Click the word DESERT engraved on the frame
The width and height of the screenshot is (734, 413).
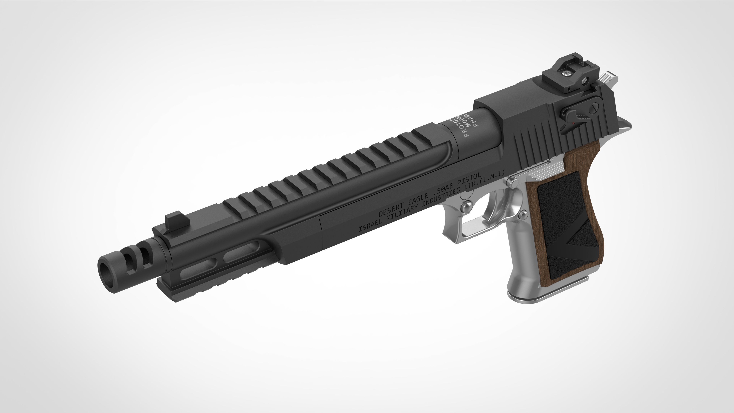[x=392, y=209]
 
